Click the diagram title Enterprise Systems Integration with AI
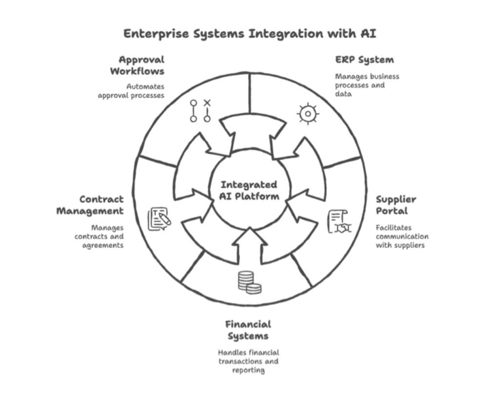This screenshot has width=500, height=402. click(250, 34)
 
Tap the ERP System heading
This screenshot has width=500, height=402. click(364, 60)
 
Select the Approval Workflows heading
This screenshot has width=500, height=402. click(137, 65)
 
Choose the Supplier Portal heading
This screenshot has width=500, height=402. click(396, 205)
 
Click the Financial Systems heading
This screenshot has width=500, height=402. click(248, 330)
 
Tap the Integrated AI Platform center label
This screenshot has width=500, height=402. click(250, 190)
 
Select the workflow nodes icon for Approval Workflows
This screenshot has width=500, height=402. click(200, 111)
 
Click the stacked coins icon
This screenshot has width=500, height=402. click(249, 283)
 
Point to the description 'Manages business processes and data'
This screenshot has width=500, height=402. click(367, 85)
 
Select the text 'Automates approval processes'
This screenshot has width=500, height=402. click(131, 91)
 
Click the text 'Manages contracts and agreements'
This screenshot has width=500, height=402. click(100, 236)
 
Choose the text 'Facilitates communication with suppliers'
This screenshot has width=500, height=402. click(401, 236)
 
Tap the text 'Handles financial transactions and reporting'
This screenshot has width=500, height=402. click(248, 361)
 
